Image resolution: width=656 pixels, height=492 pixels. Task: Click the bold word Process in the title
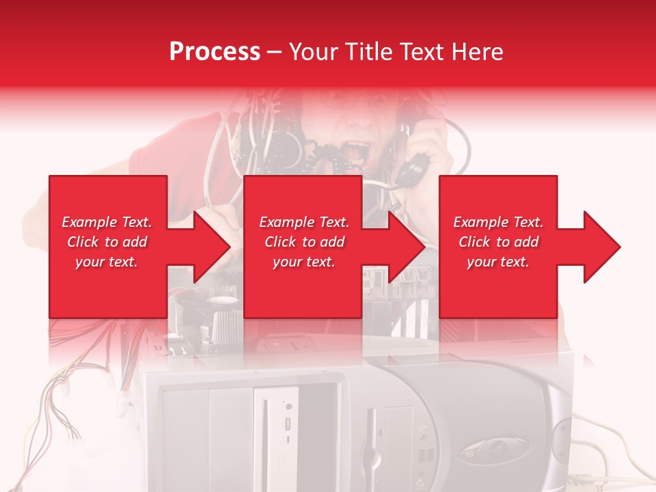point(215,52)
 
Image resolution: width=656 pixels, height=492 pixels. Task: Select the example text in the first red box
point(107,242)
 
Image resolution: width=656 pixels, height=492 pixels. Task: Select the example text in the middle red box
point(304,242)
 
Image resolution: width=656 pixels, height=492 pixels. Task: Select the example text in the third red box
point(498,242)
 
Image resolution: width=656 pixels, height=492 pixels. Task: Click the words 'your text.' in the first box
point(106,262)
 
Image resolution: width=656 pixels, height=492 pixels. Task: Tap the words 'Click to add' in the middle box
point(304,242)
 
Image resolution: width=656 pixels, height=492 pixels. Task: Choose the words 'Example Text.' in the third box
point(498,222)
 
